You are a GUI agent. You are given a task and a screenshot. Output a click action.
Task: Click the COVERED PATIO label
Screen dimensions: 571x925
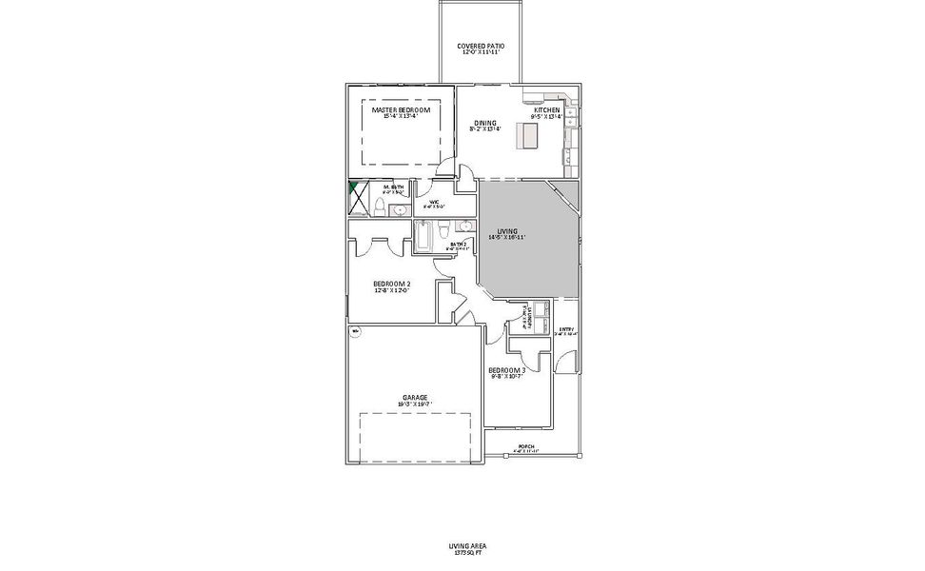tap(481, 49)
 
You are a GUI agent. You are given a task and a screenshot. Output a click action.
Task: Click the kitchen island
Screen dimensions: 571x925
tap(525, 136)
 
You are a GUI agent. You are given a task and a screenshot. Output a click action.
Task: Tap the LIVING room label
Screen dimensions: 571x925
tap(506, 233)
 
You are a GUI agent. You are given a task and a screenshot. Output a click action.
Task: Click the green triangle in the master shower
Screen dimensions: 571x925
tap(354, 188)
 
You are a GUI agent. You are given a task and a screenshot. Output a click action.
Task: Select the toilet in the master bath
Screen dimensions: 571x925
tap(378, 208)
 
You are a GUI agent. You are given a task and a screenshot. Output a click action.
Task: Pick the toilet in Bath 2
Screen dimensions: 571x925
tap(445, 228)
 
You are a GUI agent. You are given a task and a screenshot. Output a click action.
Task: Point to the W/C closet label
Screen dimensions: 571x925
tap(434, 204)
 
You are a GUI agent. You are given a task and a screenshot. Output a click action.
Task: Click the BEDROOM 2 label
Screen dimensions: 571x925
tap(391, 286)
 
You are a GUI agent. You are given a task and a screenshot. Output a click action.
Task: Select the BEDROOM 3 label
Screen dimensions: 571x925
tap(506, 372)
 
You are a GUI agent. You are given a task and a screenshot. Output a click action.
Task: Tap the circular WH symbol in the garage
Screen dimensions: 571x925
tap(355, 331)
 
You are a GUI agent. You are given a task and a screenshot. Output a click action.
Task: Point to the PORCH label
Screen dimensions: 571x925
tap(524, 448)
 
